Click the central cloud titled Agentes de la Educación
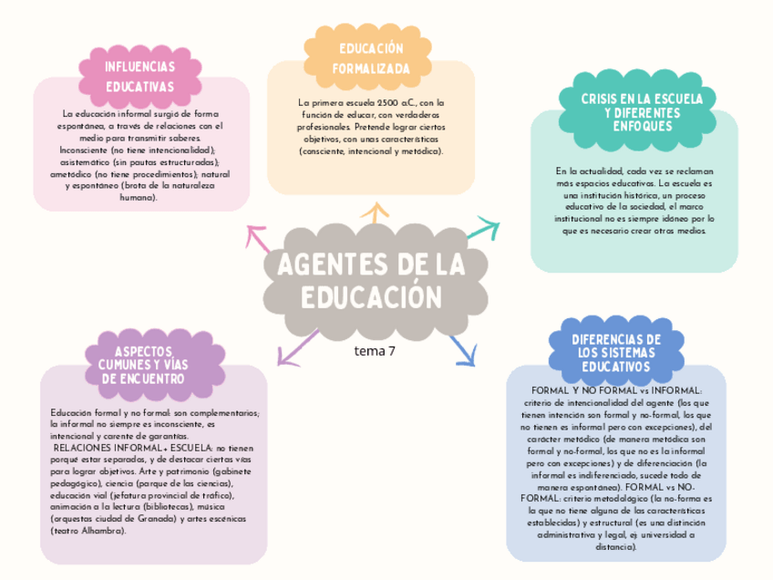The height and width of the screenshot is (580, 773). [371, 281]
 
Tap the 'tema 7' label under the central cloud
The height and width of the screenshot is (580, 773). [376, 349]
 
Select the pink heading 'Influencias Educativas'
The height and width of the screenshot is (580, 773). [140, 77]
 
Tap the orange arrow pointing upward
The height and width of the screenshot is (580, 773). [372, 214]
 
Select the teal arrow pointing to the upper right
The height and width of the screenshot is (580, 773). [483, 228]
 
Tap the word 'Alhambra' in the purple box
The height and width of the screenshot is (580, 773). [103, 531]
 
